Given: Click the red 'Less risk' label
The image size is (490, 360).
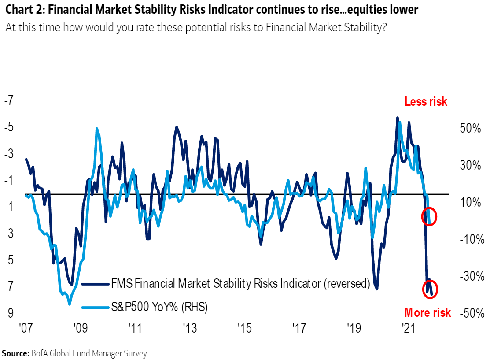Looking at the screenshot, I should [x=425, y=102].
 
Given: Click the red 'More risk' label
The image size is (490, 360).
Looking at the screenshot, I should [x=427, y=312].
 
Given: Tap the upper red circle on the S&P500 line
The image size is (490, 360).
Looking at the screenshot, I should [x=429, y=216].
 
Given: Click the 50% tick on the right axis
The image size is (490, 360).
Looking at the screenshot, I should [x=470, y=129].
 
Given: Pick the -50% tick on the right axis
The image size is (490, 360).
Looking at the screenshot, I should [x=472, y=313].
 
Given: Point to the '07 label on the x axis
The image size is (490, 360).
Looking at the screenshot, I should [x=26, y=329].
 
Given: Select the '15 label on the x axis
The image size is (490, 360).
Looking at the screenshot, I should [x=244, y=329].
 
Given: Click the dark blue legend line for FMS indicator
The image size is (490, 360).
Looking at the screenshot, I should [x=95, y=284].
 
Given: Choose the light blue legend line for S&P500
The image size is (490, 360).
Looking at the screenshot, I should [x=95, y=306].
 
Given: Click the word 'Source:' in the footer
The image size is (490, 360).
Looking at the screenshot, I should [x=15, y=353].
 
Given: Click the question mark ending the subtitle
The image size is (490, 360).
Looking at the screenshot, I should [x=384, y=27].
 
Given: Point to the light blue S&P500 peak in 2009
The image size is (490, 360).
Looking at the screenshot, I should [x=96, y=129].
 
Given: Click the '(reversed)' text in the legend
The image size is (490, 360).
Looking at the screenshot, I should [x=346, y=284].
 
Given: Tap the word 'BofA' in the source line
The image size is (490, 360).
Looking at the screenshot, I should [x=38, y=353].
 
